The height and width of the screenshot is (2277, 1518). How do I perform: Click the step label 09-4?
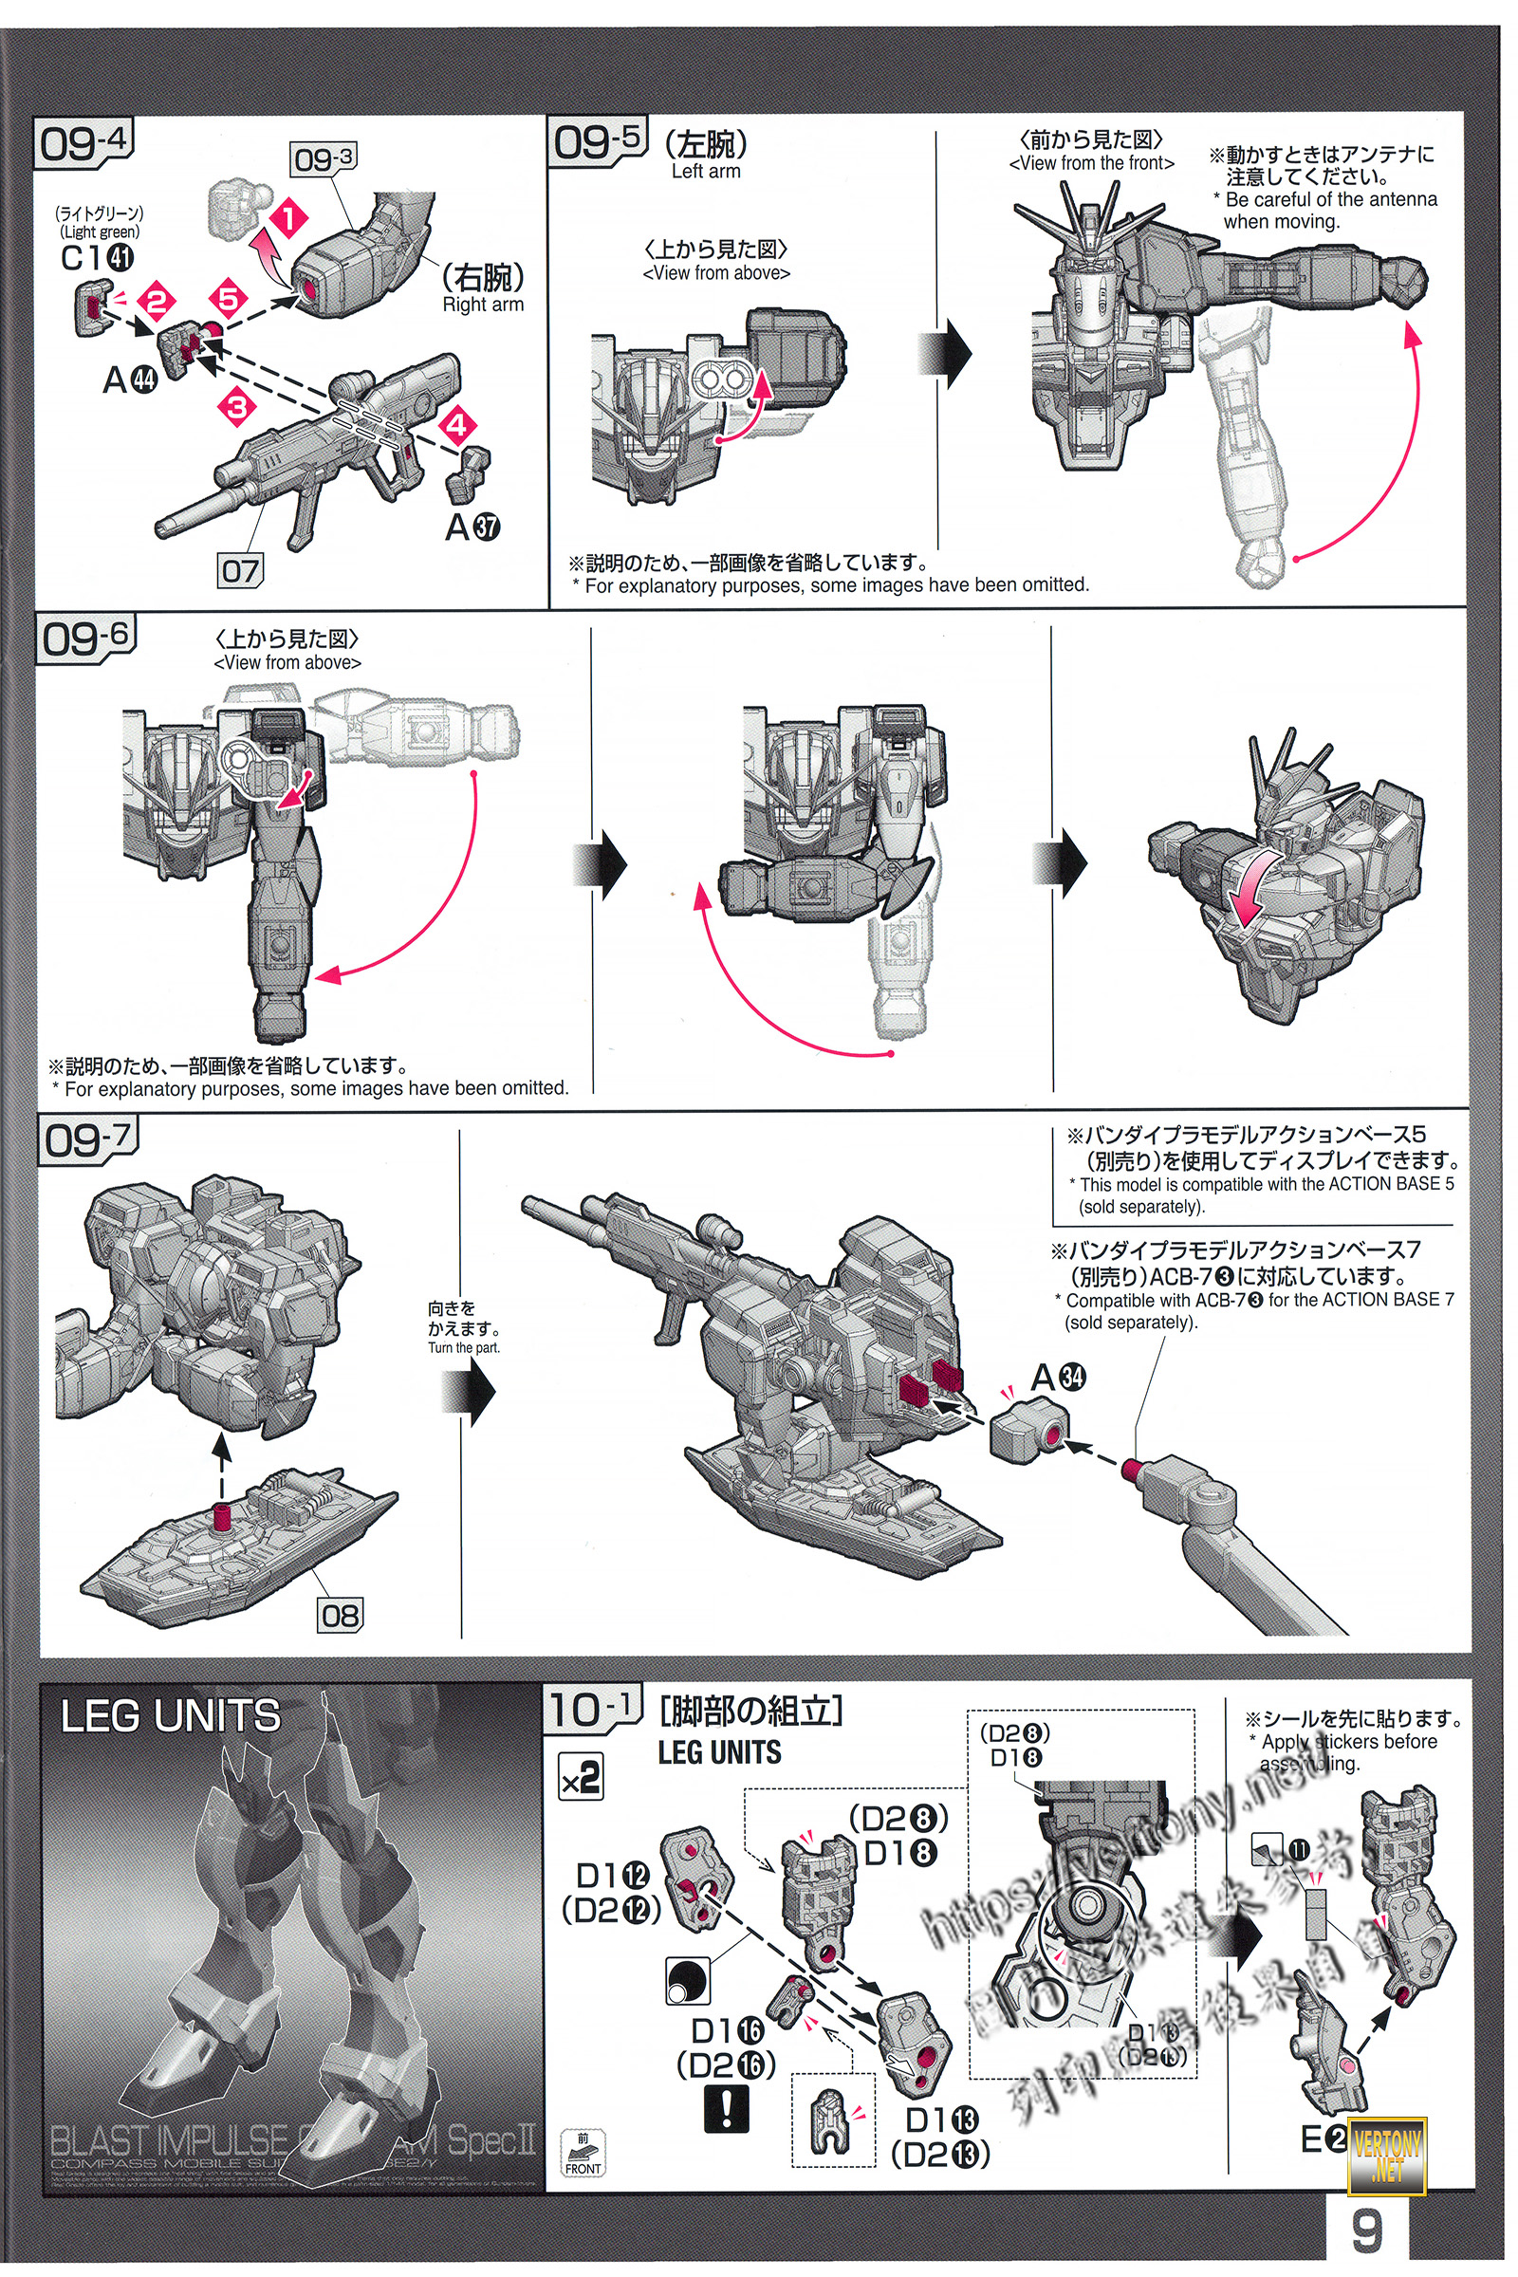(x=83, y=143)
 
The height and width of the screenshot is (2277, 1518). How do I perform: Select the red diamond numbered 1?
(x=287, y=218)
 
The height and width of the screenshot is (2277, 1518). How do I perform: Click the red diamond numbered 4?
(x=457, y=425)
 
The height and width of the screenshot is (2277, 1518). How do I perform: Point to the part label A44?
(x=130, y=380)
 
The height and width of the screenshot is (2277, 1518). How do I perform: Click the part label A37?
(x=472, y=527)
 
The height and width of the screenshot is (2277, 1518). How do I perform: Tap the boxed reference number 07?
(x=240, y=570)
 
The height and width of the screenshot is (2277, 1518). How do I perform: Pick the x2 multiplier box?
(x=581, y=1776)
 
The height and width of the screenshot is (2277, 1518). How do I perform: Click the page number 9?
(x=1366, y=2230)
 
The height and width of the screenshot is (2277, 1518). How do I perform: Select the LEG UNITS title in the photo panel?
(x=171, y=1716)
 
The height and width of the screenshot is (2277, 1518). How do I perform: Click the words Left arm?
(x=706, y=172)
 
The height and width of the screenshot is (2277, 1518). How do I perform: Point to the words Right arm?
(x=482, y=304)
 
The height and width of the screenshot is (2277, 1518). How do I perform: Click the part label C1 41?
(x=97, y=257)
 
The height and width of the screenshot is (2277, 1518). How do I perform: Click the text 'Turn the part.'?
(x=464, y=1347)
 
